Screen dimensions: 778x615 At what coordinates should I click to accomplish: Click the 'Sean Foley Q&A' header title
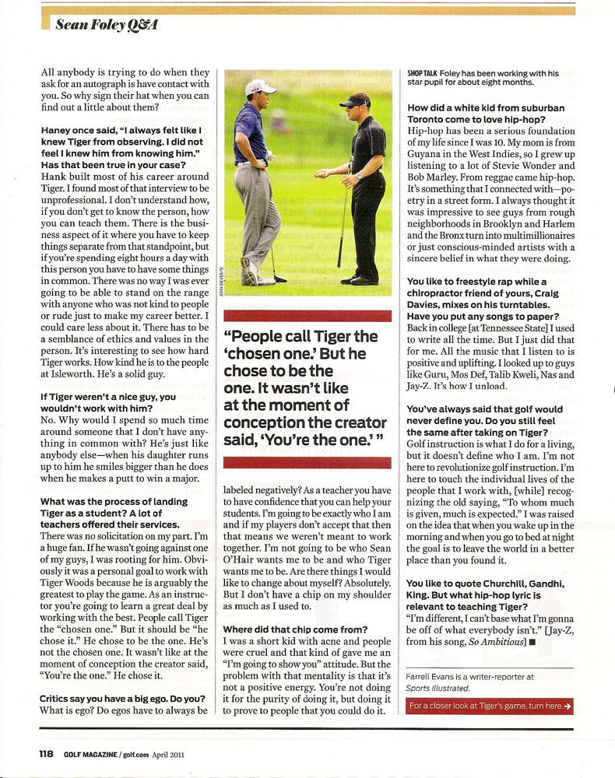pyautogui.click(x=107, y=25)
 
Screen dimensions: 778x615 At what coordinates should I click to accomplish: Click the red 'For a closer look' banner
pyautogui.click(x=490, y=706)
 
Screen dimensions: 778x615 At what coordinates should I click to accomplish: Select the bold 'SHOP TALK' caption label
pyautogui.click(x=421, y=73)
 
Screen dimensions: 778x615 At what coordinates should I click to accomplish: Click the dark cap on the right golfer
pyautogui.click(x=357, y=99)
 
